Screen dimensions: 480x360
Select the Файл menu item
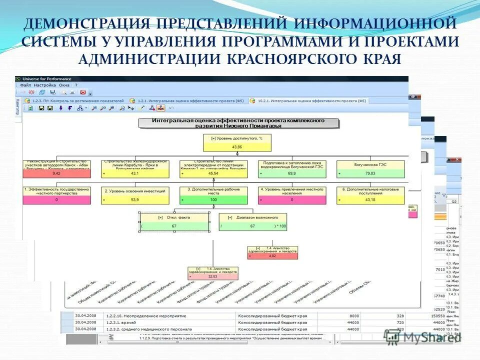click(x=25, y=85)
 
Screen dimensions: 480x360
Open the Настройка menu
click(x=45, y=85)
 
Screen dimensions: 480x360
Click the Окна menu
click(x=64, y=85)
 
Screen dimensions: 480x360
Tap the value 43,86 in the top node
click(x=237, y=147)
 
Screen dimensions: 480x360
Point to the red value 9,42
click(x=56, y=173)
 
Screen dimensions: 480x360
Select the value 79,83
click(x=370, y=173)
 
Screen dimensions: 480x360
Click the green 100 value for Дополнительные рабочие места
click(x=213, y=199)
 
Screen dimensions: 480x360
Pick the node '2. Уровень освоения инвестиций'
click(x=134, y=190)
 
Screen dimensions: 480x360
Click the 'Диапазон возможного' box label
click(x=253, y=217)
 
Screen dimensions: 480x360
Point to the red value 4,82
click(x=272, y=255)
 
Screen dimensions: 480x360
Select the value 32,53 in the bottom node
click(x=212, y=275)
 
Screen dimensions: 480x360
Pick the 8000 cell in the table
click(x=354, y=316)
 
